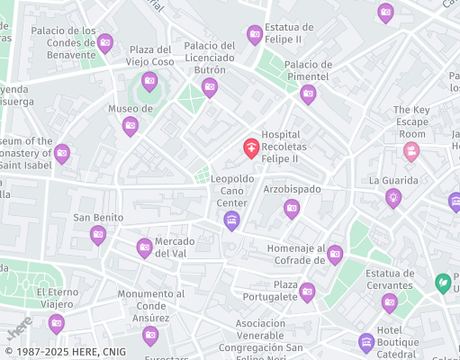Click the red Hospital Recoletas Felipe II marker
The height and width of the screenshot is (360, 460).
252,148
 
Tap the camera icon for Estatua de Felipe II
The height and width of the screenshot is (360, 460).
255,35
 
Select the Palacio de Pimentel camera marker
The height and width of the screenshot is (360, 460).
308,94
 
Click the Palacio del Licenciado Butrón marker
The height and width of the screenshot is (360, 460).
210,87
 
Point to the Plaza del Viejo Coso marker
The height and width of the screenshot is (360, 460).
149,82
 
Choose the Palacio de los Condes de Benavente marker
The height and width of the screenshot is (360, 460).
105,41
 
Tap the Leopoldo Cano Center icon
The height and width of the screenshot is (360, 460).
232,220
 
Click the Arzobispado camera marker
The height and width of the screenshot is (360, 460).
292,209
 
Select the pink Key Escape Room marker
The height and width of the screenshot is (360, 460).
411,150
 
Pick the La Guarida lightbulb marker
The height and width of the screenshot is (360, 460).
393,198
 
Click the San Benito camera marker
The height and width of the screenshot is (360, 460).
98,235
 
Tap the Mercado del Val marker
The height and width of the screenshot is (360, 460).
144,247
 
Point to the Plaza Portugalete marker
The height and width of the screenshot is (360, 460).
307,291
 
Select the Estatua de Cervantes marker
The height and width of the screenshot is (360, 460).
389,301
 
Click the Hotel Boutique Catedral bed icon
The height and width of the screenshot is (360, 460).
365,341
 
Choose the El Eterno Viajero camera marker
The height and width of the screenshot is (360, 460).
57,322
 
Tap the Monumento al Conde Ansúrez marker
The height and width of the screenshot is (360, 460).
150,335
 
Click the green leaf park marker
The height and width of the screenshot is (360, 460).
443,283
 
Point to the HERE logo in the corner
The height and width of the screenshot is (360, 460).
19,325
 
